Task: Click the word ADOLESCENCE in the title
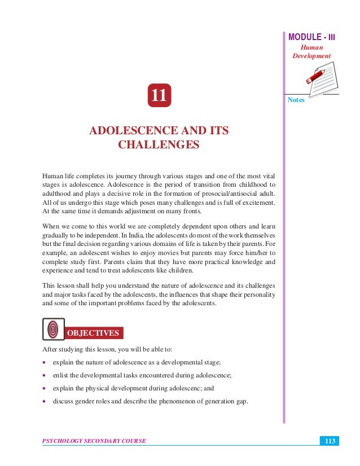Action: point(130,131)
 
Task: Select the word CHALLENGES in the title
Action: point(159,145)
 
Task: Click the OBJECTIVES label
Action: point(93,333)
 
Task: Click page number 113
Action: point(327,440)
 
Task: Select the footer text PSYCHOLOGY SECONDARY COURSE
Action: point(94,441)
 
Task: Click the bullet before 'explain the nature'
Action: point(43,362)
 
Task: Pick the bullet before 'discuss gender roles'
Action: point(43,402)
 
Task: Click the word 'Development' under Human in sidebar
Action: point(311,56)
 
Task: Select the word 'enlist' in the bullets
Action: point(61,375)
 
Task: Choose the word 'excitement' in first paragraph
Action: point(257,202)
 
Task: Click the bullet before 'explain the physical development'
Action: point(43,389)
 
